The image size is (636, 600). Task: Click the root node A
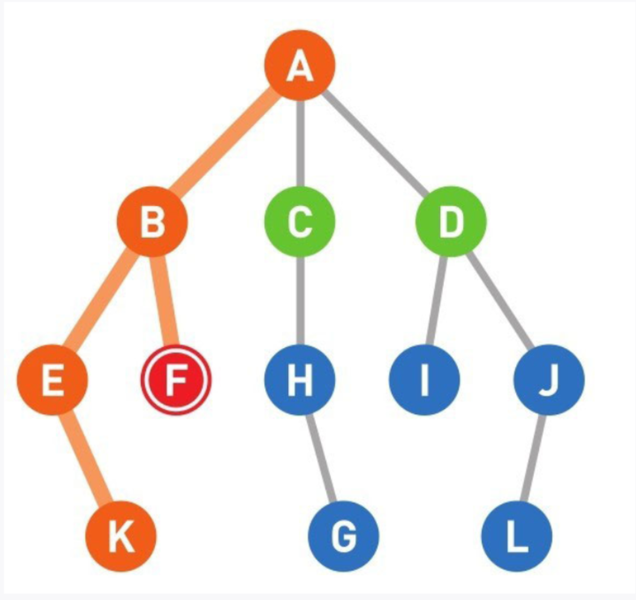(x=300, y=66)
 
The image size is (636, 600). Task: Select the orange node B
(x=152, y=223)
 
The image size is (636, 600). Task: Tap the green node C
(x=300, y=223)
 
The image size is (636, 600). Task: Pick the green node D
(x=450, y=223)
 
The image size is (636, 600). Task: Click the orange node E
(x=53, y=380)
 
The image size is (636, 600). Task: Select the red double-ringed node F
(x=177, y=380)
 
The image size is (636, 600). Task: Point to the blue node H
(x=300, y=380)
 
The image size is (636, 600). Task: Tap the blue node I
(x=424, y=380)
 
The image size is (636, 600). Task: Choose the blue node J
(x=549, y=380)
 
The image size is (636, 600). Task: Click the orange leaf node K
(x=121, y=535)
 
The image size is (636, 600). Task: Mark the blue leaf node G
(x=343, y=535)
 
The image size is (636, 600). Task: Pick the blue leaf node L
(x=517, y=535)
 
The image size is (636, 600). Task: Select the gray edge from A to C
(x=300, y=145)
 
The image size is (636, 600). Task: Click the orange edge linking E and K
(x=87, y=458)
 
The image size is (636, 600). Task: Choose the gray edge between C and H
(x=300, y=302)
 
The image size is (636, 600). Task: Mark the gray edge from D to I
(x=437, y=302)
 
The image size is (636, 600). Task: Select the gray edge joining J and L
(x=533, y=458)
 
